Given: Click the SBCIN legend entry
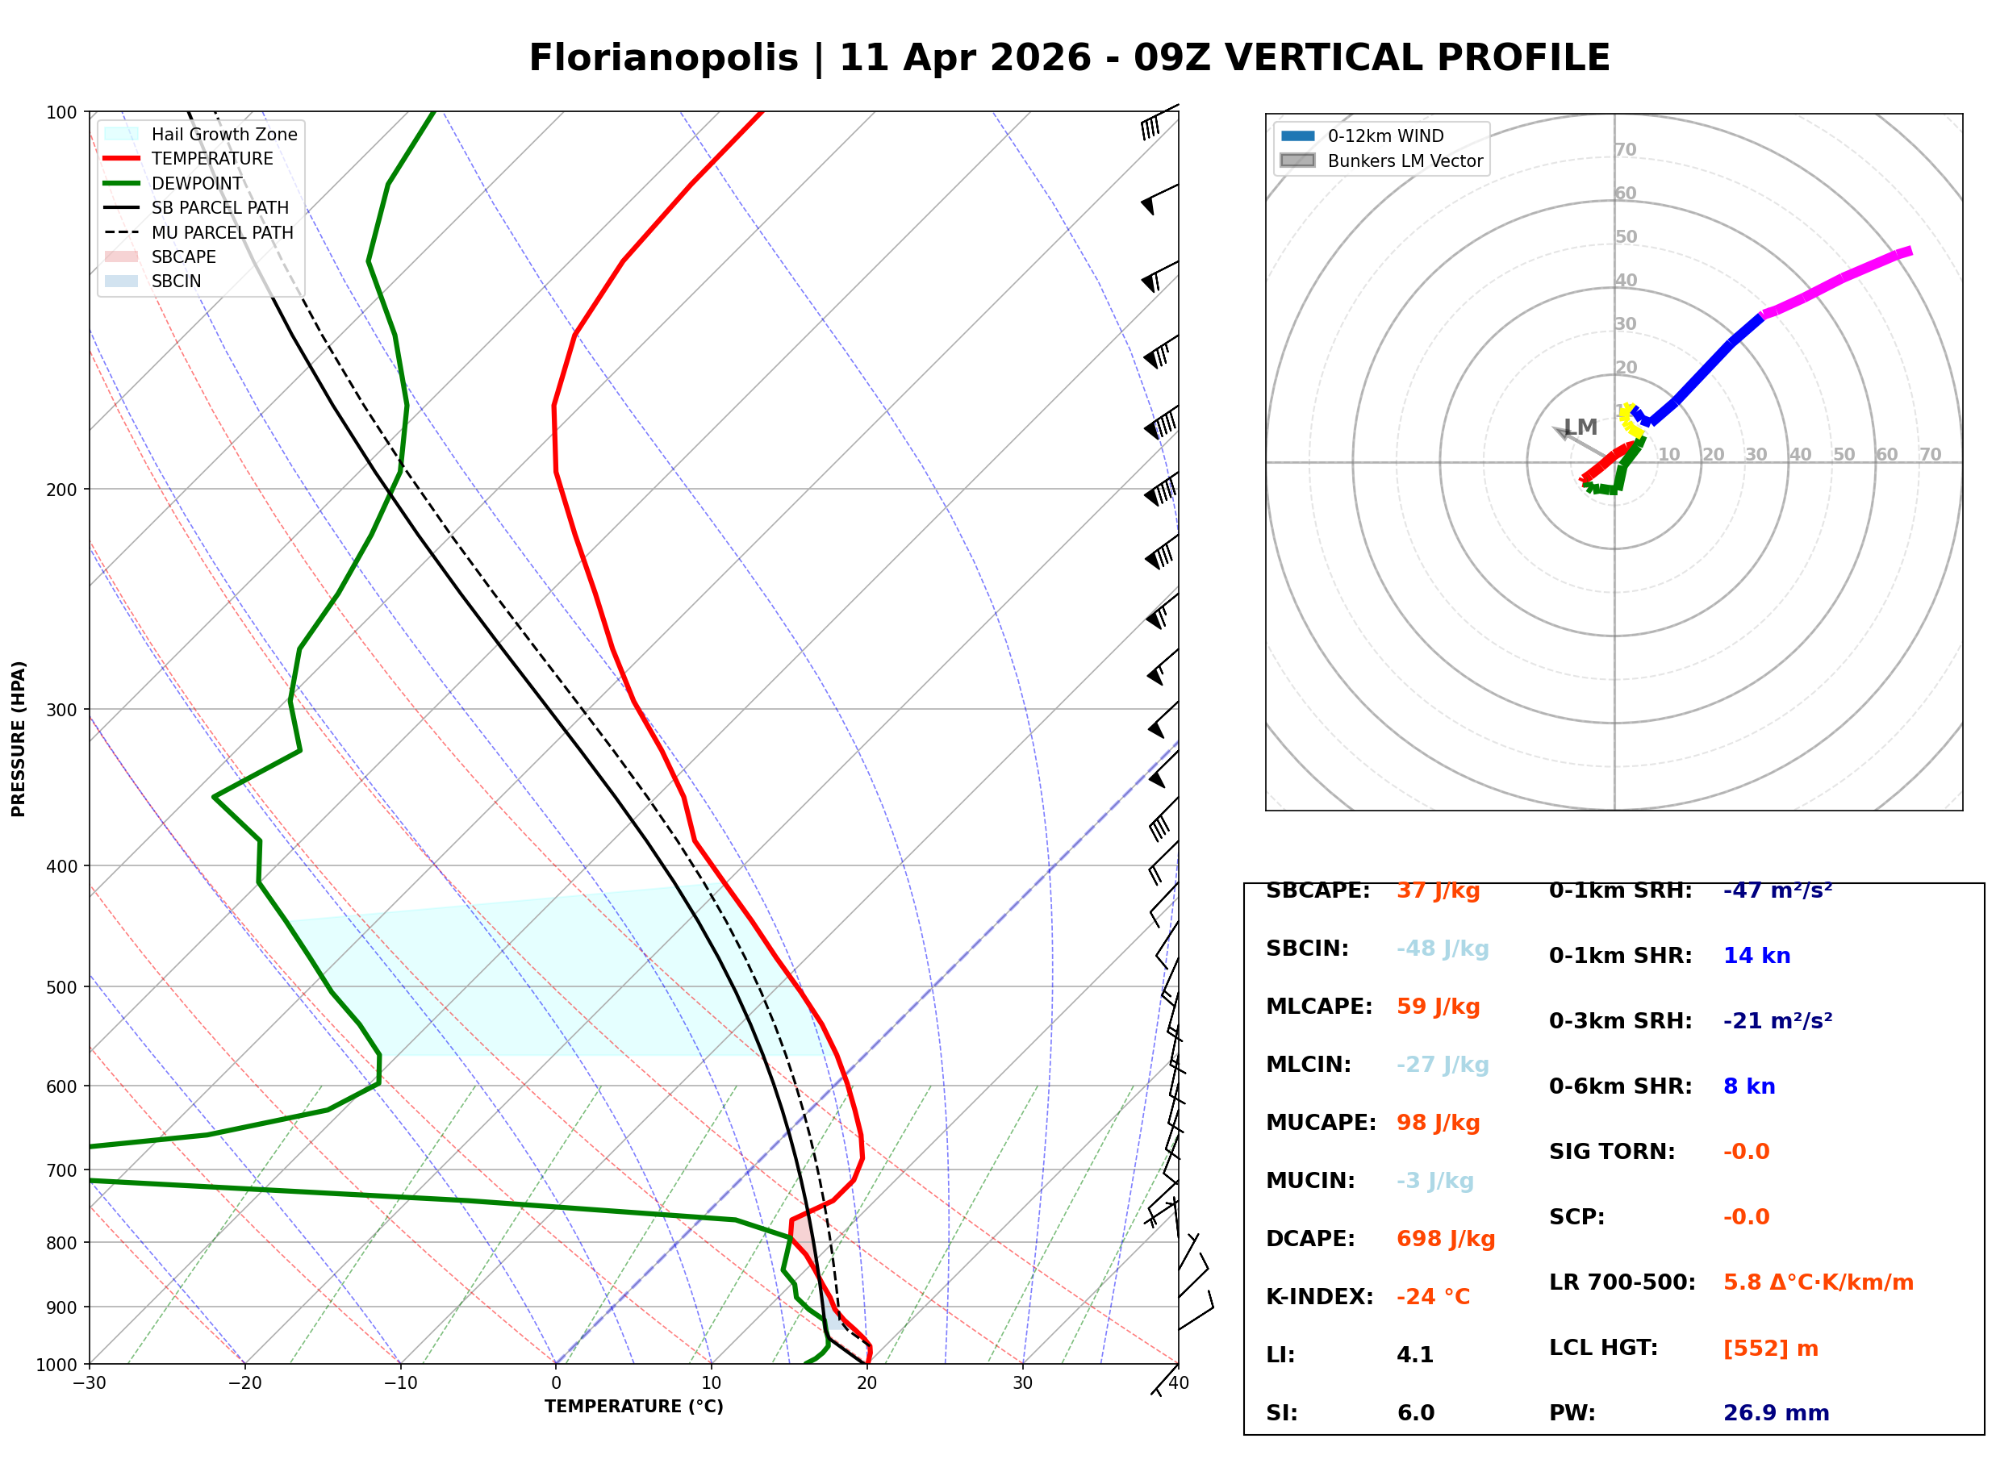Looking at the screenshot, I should [176, 281].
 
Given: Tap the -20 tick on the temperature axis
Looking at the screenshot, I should [244, 1383].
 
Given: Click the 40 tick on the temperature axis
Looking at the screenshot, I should [1178, 1383].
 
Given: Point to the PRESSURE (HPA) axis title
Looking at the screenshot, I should [19, 739].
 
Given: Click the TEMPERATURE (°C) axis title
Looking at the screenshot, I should [633, 1407].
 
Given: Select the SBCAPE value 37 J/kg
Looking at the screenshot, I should [1438, 890].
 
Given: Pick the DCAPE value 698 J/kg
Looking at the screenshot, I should [1445, 1239].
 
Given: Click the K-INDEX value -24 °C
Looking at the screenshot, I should [1432, 1297].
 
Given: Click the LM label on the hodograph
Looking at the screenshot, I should [1580, 428].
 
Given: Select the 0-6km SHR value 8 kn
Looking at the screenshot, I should [1748, 1087].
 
